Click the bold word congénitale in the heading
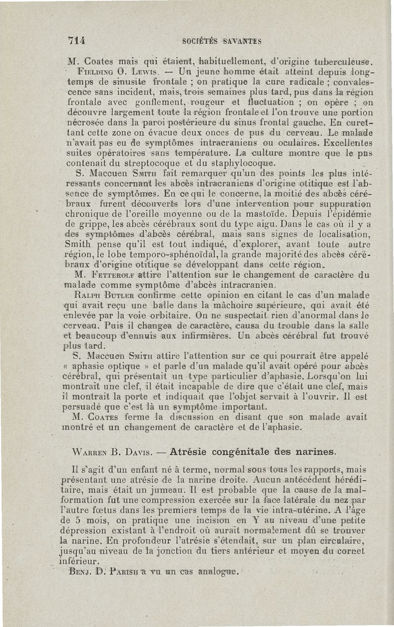(x=241, y=451)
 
